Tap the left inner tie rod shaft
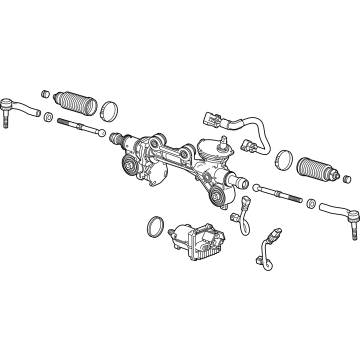(80, 128)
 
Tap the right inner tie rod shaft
(281, 190)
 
